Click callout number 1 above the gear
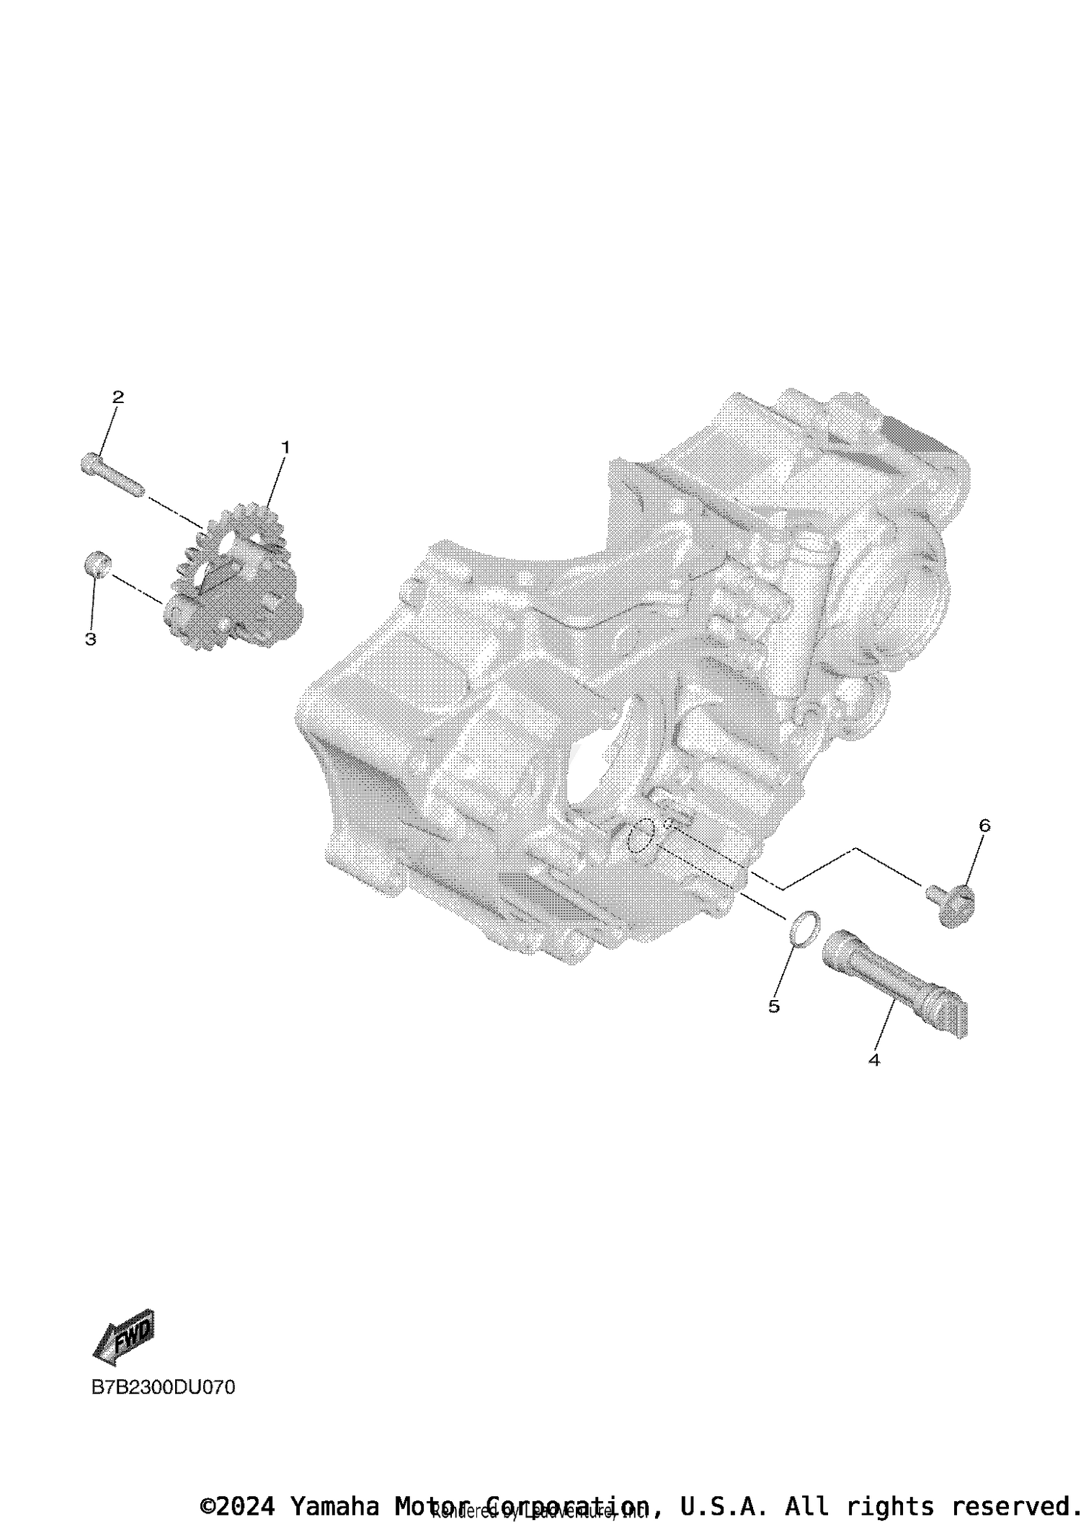[x=285, y=448]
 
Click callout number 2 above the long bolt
[x=117, y=397]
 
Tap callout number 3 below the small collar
[x=91, y=639]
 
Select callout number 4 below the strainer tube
[x=873, y=1060]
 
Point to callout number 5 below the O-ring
[x=774, y=1007]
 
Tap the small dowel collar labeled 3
[x=97, y=562]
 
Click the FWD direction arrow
[x=125, y=1335]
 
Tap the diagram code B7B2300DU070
[x=163, y=1387]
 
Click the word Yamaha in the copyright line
[x=334, y=1506]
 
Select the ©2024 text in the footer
[x=238, y=1506]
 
